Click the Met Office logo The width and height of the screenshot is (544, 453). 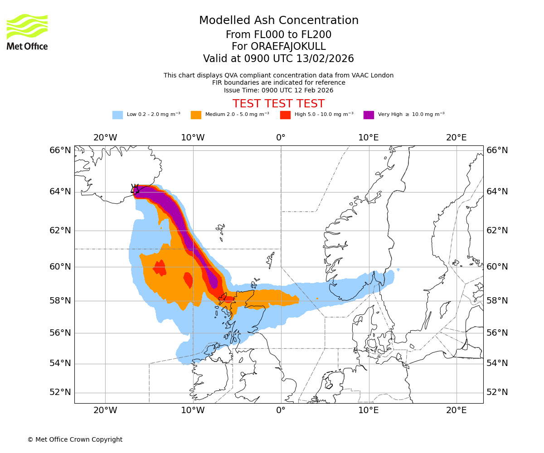[x=27, y=32]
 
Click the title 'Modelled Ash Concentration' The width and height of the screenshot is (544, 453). [x=279, y=20]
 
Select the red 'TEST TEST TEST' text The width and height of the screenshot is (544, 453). [x=278, y=104]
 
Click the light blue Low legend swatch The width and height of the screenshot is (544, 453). [x=117, y=115]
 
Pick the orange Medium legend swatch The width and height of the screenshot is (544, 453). [x=196, y=115]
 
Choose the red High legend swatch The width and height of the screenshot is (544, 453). [x=285, y=115]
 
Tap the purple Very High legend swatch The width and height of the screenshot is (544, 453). [x=369, y=115]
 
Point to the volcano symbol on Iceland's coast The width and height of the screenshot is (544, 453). [x=135, y=188]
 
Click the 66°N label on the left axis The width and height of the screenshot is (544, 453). [x=60, y=150]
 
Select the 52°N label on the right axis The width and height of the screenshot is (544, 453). [x=497, y=392]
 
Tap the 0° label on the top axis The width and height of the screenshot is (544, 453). [x=281, y=137]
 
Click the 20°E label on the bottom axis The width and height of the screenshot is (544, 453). [x=456, y=410]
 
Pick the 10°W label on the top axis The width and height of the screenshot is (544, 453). [x=193, y=137]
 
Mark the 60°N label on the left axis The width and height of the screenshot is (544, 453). [x=60, y=266]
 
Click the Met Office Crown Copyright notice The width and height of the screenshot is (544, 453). [x=75, y=439]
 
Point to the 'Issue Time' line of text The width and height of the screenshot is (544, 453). [x=278, y=90]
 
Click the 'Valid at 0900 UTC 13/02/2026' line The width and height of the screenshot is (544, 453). [x=278, y=58]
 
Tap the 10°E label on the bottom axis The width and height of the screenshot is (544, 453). [x=369, y=410]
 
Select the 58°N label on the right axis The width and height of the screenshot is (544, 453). [x=497, y=301]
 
